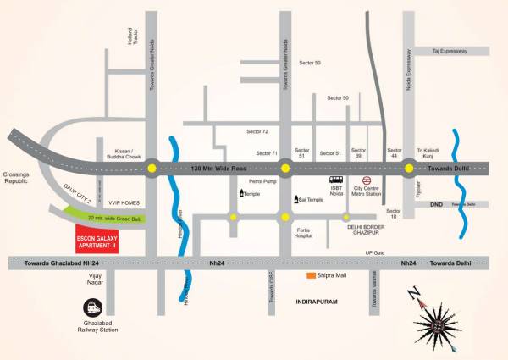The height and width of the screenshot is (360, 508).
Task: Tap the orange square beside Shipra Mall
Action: pos(312,275)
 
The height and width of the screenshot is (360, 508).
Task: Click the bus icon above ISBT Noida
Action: pos(336,180)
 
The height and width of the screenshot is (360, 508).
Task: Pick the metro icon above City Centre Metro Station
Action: pos(367,180)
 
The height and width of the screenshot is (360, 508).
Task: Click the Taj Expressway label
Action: pos(449,52)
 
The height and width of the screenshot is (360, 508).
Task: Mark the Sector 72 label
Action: pos(257,132)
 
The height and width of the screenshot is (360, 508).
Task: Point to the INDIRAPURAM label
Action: pos(317,302)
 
